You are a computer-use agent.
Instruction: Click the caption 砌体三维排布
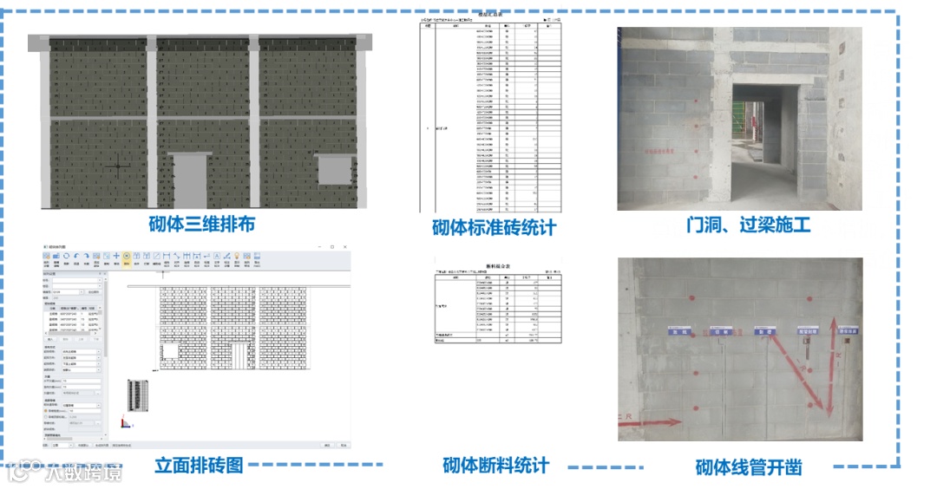[x=200, y=224]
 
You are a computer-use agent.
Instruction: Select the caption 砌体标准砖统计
[x=495, y=228]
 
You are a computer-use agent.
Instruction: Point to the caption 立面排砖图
[x=199, y=465]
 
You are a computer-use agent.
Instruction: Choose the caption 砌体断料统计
[x=495, y=465]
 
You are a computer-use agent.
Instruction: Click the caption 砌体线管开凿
[x=749, y=467]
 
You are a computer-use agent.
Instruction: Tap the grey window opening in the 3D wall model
[x=334, y=169]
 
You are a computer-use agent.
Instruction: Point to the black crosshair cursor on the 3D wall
[x=119, y=166]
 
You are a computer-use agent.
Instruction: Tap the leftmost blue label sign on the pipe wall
[x=678, y=331]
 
